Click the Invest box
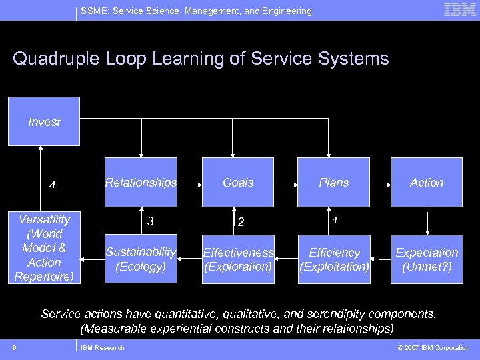pos(44,121)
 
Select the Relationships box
pos(141,182)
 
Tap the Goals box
pos(238,182)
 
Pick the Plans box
pos(334,182)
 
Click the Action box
pos(427,182)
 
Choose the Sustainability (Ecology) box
pos(141,259)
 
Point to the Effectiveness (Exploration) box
pos(238,259)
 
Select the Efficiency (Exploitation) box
pos(334,259)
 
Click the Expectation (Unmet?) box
pos(427,259)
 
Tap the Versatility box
pos(44,247)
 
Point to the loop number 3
pos(151,221)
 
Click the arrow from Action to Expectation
pos(427,221)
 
